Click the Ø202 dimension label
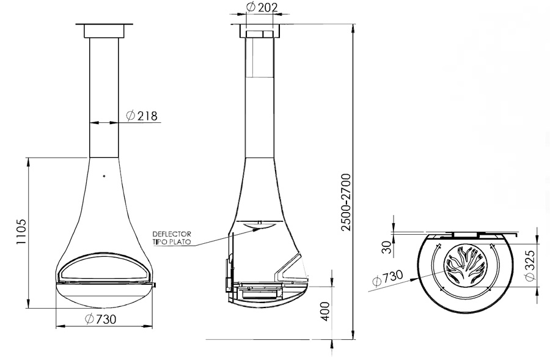[262, 7]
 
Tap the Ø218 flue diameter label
[142, 116]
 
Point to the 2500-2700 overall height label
[346, 202]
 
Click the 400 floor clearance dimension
[325, 311]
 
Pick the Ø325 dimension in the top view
[530, 265]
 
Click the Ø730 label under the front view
[100, 319]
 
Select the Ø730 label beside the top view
[387, 278]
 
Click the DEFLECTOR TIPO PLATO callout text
[172, 238]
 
